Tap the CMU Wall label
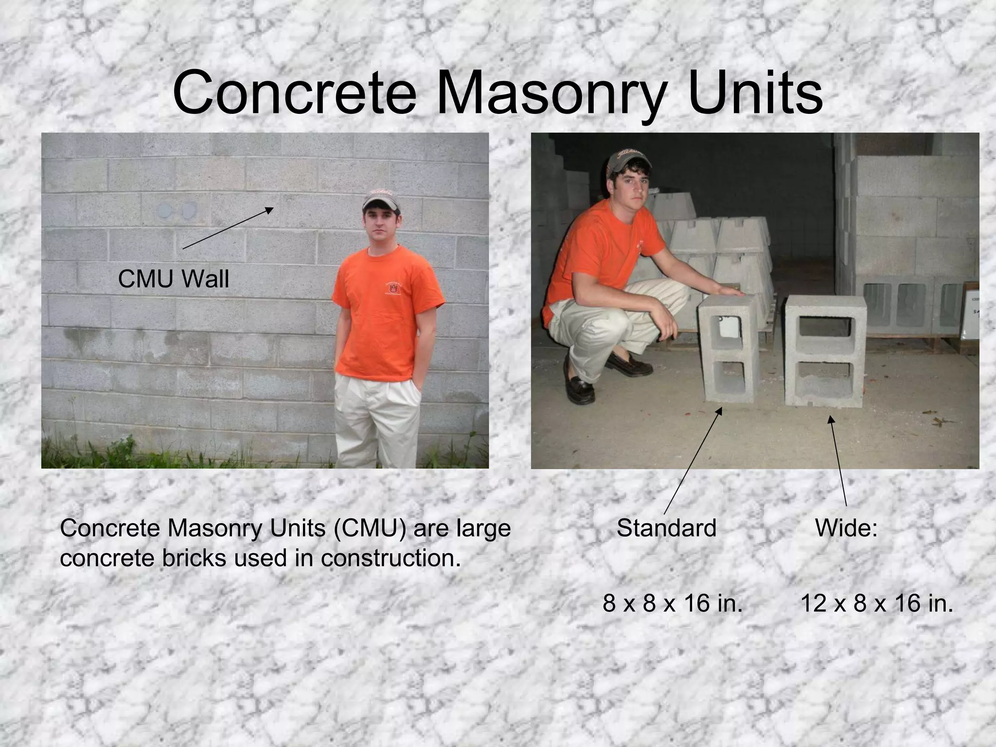173,279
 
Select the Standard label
666,528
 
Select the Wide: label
846,528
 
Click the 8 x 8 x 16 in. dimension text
673,604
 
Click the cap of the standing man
380,200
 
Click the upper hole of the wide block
826,327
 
